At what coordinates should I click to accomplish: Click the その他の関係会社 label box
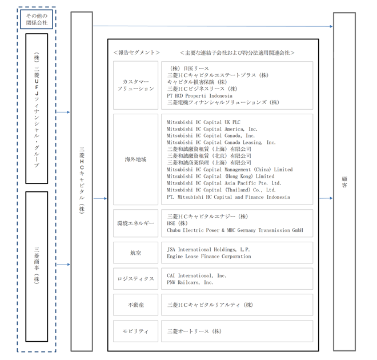pos(37,19)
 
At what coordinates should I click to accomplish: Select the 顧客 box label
pos(344,182)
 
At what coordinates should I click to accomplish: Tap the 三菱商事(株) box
pos(37,266)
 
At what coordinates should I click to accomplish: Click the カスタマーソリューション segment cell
pos(135,85)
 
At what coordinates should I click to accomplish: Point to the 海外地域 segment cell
pos(135,159)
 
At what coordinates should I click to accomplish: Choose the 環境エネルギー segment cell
pos(135,223)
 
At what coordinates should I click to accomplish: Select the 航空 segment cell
pos(135,253)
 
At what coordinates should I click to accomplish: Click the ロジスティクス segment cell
pos(135,279)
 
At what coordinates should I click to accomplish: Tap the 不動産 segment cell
pos(135,305)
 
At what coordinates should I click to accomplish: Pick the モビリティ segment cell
pos(135,331)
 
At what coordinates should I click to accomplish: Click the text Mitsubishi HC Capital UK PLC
pos(204,122)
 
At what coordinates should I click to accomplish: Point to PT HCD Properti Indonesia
pos(199,95)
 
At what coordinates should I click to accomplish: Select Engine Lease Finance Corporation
pos(209,257)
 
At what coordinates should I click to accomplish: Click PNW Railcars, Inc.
pos(190,282)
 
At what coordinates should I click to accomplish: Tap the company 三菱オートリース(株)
pos(194,331)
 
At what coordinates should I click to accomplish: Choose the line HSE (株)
pos(177,223)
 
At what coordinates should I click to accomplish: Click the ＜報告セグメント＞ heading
pos(137,53)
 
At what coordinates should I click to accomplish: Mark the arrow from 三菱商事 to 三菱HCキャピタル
pos(63,265)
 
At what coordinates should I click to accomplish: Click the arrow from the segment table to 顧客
pos(326,198)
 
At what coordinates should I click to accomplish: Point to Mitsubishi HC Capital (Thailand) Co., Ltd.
pos(221,190)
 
